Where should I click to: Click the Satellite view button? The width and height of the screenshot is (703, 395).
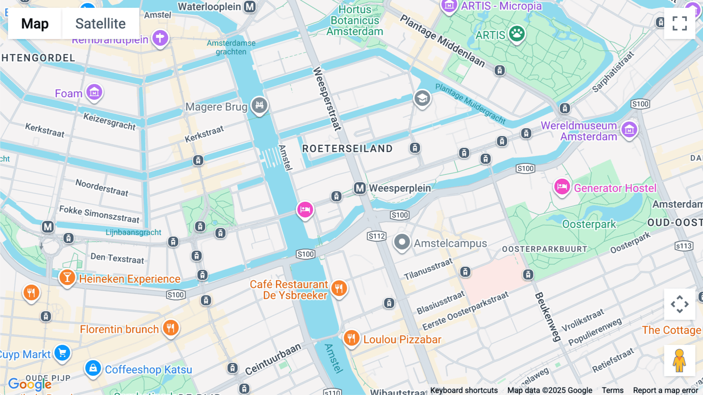click(x=100, y=23)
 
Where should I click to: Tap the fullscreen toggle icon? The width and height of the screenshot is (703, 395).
click(x=680, y=23)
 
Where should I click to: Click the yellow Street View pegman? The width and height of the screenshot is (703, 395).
click(x=679, y=361)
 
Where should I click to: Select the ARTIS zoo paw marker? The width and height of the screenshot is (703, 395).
click(x=517, y=34)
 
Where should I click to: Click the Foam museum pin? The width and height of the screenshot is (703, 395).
click(x=94, y=92)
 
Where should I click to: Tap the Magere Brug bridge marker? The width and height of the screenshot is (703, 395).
click(x=259, y=105)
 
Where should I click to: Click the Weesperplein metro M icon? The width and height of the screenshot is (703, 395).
click(x=360, y=188)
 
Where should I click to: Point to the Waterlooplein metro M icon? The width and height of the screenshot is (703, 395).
click(x=250, y=7)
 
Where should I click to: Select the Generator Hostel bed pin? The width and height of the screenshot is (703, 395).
click(x=562, y=187)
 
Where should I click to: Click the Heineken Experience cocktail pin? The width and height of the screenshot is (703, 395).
click(x=67, y=278)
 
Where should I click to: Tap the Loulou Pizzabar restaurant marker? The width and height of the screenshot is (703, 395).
click(x=351, y=338)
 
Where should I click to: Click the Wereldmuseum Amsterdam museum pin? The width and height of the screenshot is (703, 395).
click(x=629, y=129)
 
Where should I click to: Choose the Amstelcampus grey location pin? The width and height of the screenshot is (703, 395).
click(x=401, y=242)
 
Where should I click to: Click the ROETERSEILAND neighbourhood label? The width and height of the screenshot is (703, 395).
click(x=347, y=149)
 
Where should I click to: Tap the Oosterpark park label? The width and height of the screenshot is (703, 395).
click(x=589, y=224)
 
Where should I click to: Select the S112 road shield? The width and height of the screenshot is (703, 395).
click(x=376, y=236)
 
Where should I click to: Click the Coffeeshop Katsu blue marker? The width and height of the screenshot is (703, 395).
click(x=93, y=368)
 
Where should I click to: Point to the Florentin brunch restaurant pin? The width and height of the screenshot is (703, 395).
click(x=171, y=328)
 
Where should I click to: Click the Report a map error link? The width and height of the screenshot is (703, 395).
click(x=665, y=390)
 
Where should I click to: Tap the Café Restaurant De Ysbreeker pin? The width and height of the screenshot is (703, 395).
click(x=339, y=288)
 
